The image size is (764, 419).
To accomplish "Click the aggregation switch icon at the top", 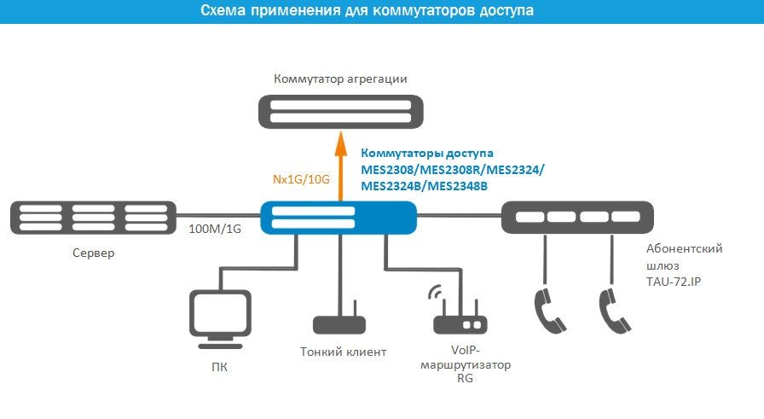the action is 340,112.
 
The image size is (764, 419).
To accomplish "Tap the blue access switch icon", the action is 339,218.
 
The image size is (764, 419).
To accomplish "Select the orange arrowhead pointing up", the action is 340,143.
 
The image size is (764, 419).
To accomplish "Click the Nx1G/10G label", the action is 301,179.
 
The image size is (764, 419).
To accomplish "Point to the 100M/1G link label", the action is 215,229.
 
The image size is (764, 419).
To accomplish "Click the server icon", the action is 94,218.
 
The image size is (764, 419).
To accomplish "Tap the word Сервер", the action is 94,253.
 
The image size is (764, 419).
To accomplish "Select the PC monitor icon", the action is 220,319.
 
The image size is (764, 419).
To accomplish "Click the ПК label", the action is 219,367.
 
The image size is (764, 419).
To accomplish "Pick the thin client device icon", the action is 339,321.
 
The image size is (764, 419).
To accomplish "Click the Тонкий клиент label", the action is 343,352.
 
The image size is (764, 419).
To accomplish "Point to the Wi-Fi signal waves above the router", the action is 435,292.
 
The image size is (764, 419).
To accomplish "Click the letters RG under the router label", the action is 465,378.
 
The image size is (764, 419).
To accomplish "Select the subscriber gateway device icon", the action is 577,218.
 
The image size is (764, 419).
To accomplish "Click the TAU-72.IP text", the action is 674,282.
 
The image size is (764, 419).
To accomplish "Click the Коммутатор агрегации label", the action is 340,79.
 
